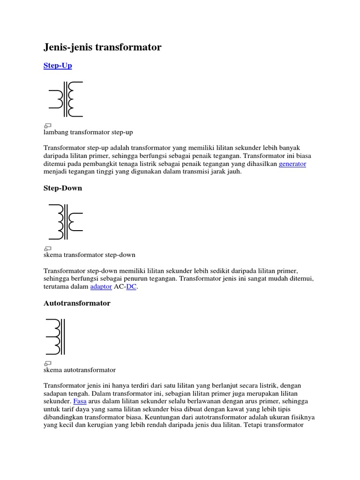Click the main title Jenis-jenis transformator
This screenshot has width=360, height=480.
click(102, 47)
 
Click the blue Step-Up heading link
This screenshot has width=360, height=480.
click(58, 66)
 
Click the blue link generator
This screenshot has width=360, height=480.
click(292, 164)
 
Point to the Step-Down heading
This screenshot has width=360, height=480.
click(63, 188)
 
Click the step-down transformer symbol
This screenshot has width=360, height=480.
click(66, 221)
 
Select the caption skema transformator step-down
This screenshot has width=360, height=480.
click(89, 255)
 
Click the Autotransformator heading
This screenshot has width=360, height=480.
click(77, 303)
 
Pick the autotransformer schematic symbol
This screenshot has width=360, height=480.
click(55, 337)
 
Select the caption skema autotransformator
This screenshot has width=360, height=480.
click(79, 370)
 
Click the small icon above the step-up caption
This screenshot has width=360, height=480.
click(47, 125)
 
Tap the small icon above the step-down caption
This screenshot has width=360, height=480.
click(47, 247)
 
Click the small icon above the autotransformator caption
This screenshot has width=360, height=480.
click(47, 363)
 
